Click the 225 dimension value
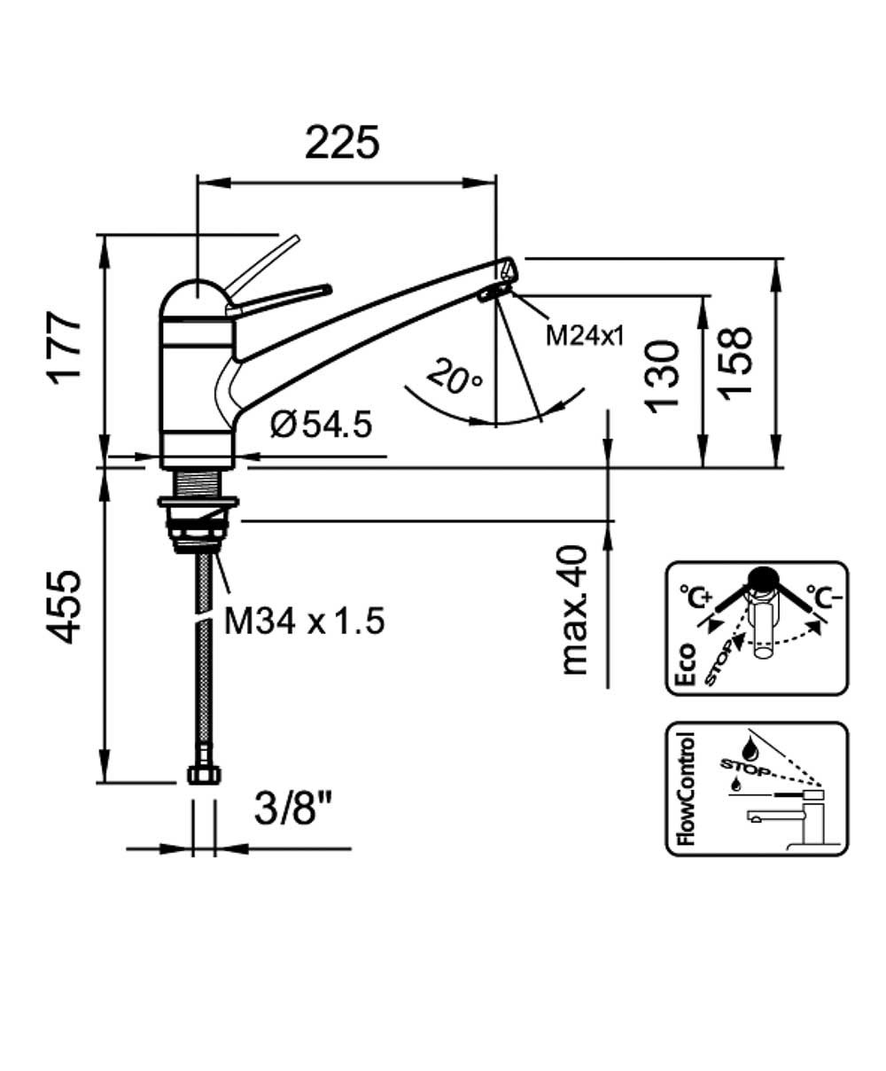pyautogui.click(x=342, y=142)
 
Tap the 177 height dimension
pyautogui.click(x=65, y=348)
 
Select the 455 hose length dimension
pyautogui.click(x=65, y=606)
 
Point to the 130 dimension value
pyautogui.click(x=663, y=377)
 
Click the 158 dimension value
pyautogui.click(x=734, y=364)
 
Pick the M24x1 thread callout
pyautogui.click(x=585, y=337)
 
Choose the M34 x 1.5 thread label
pyautogui.click(x=305, y=621)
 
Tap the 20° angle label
pyautogui.click(x=455, y=377)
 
